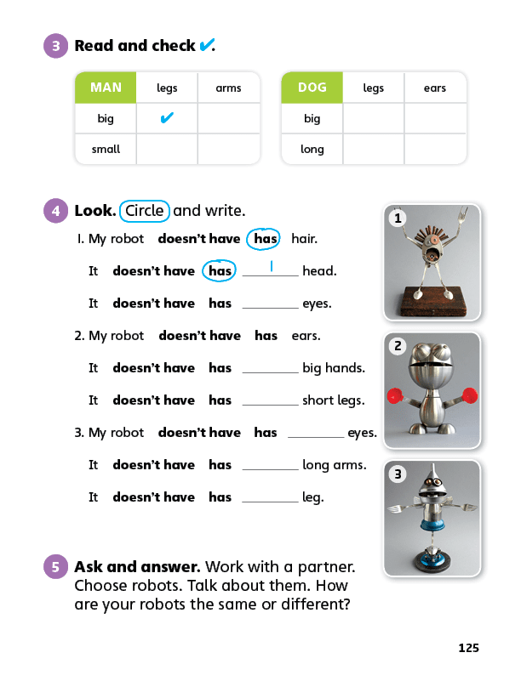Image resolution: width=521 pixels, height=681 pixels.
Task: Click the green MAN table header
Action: [x=106, y=88]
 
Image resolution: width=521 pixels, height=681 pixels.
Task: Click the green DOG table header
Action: [x=312, y=88]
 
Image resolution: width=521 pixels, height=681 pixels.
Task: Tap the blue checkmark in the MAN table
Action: [x=167, y=118]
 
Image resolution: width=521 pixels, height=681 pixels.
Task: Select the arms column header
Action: [x=228, y=88]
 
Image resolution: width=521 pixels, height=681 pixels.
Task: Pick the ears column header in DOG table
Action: [x=434, y=88]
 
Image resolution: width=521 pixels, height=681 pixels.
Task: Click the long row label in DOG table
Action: [x=312, y=149]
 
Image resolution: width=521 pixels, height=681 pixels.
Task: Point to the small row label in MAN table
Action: [x=106, y=149]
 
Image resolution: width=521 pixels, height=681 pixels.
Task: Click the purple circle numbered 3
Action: [x=55, y=46]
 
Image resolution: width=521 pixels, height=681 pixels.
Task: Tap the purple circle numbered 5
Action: [x=55, y=566]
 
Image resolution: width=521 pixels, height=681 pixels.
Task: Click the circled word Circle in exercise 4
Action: [x=144, y=211]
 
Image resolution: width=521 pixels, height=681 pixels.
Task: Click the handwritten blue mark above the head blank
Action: [x=271, y=265]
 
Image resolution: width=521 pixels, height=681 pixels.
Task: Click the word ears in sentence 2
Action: [x=306, y=336]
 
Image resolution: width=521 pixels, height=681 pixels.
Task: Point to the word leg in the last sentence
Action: [x=312, y=497]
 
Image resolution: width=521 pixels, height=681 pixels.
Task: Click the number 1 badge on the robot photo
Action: [x=398, y=218]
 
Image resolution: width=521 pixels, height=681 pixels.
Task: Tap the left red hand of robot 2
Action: [x=394, y=396]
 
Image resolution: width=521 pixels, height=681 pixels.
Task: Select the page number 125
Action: [x=468, y=648]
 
